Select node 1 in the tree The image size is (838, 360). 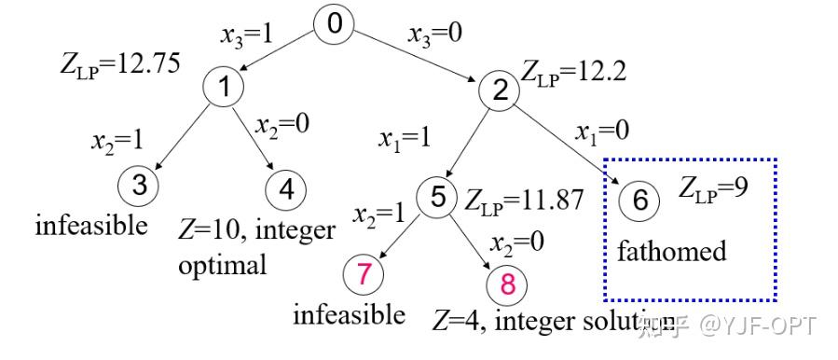pos(224,88)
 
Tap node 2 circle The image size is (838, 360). pos(500,90)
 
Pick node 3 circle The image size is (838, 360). pos(139,185)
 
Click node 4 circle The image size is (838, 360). pos(284,189)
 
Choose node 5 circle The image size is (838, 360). pos(438,198)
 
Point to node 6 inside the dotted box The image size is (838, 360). pos(639,200)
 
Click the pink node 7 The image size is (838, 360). pos(364,274)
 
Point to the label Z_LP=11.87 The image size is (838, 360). pos(523,200)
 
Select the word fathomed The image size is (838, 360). pos(671,253)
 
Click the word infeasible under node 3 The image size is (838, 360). pos(91,225)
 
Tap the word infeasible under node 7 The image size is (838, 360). pos(349,315)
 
